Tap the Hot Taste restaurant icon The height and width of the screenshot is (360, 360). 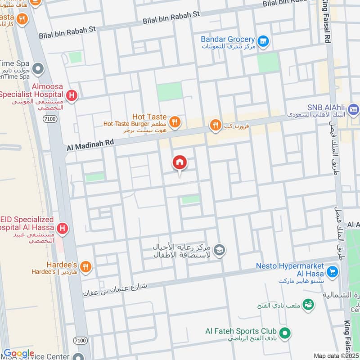coord(175,121)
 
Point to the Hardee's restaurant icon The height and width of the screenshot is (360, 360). coord(86,266)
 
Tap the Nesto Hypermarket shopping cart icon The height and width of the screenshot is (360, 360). coord(333,271)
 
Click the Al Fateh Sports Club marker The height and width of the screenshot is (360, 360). coord(284,333)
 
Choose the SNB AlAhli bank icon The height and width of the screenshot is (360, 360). coord(354,108)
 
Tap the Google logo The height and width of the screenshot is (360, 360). coord(18,353)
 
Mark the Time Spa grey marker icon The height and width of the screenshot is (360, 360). coord(38,69)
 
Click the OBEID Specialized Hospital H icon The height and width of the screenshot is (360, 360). coord(63,229)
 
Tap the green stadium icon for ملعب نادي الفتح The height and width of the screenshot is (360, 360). coord(308,305)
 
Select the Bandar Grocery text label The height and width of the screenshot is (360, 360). coord(228,40)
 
